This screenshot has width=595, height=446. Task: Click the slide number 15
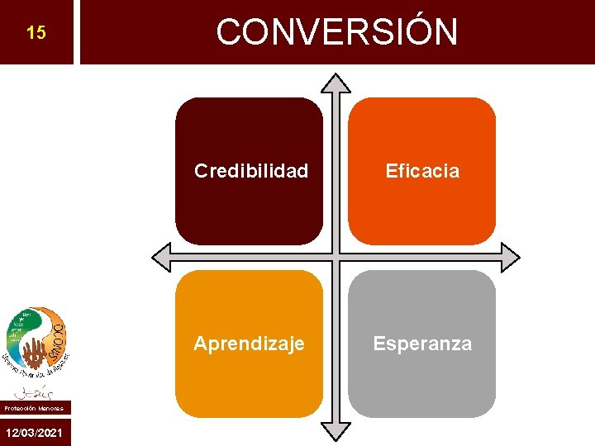(36, 34)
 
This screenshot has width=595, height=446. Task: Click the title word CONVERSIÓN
(336, 32)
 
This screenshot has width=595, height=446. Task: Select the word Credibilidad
(250, 171)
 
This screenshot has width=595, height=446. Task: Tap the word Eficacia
(422, 171)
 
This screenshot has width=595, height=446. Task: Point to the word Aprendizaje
(249, 344)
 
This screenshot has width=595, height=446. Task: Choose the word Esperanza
(422, 344)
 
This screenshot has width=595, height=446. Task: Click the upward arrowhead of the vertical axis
(336, 83)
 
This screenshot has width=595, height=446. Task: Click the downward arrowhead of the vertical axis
(336, 430)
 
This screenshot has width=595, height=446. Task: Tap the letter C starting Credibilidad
(201, 171)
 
